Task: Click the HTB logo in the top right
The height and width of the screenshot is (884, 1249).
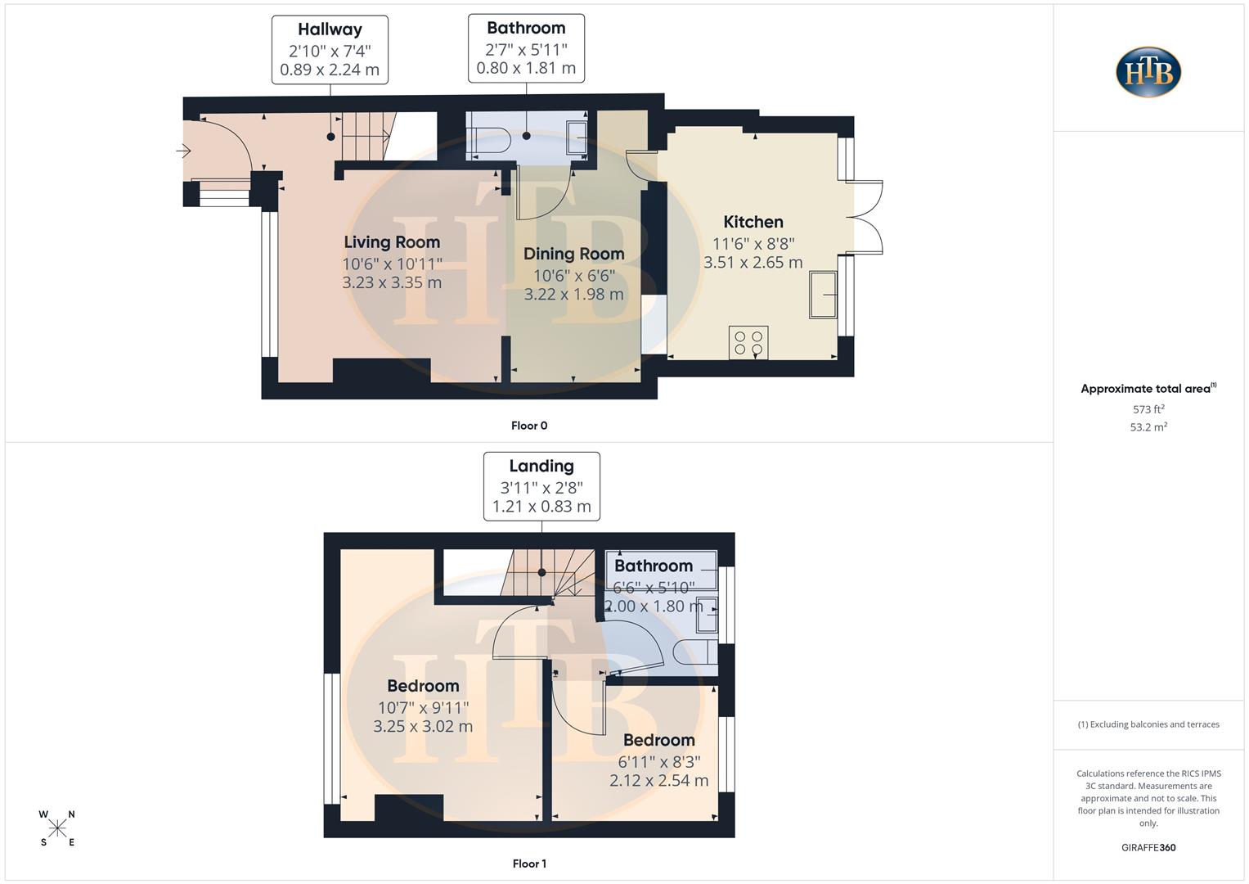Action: coord(1148,72)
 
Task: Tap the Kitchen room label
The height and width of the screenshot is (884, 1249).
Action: coord(753,222)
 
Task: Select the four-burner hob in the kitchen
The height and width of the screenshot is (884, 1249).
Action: coord(748,342)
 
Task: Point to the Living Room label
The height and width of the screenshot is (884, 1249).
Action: coord(392,242)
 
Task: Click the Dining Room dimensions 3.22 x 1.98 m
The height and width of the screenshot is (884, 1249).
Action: coord(573,294)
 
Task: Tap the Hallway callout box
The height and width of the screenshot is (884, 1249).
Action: coord(330,49)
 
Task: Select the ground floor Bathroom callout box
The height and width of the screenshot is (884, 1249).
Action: coord(526,48)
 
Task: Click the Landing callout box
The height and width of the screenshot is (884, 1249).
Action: coord(541,486)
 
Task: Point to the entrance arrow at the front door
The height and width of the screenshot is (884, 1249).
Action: coord(183,151)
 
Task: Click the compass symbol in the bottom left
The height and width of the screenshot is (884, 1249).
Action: coord(57,828)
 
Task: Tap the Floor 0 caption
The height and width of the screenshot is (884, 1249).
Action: coord(529,426)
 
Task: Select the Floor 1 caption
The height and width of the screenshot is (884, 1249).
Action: coord(529,864)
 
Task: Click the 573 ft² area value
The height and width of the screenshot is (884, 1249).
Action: coord(1148,409)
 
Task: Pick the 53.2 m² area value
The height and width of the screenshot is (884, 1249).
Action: coord(1148,427)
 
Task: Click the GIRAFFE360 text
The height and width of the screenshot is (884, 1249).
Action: coord(1148,848)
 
